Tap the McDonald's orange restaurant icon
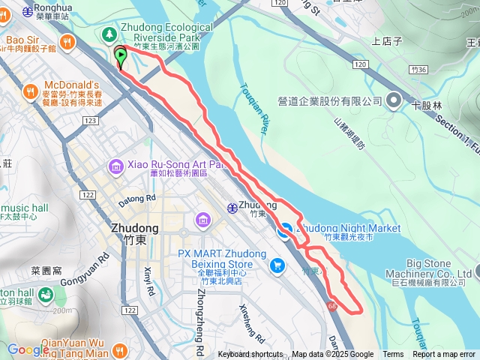point(31,91)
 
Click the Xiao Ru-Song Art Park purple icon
point(116,166)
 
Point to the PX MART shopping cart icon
point(278,265)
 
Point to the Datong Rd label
point(136,199)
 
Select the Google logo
point(28,349)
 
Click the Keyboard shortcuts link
point(250,355)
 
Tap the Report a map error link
point(443,355)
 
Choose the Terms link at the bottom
point(393,355)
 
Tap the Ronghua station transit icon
point(28,11)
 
